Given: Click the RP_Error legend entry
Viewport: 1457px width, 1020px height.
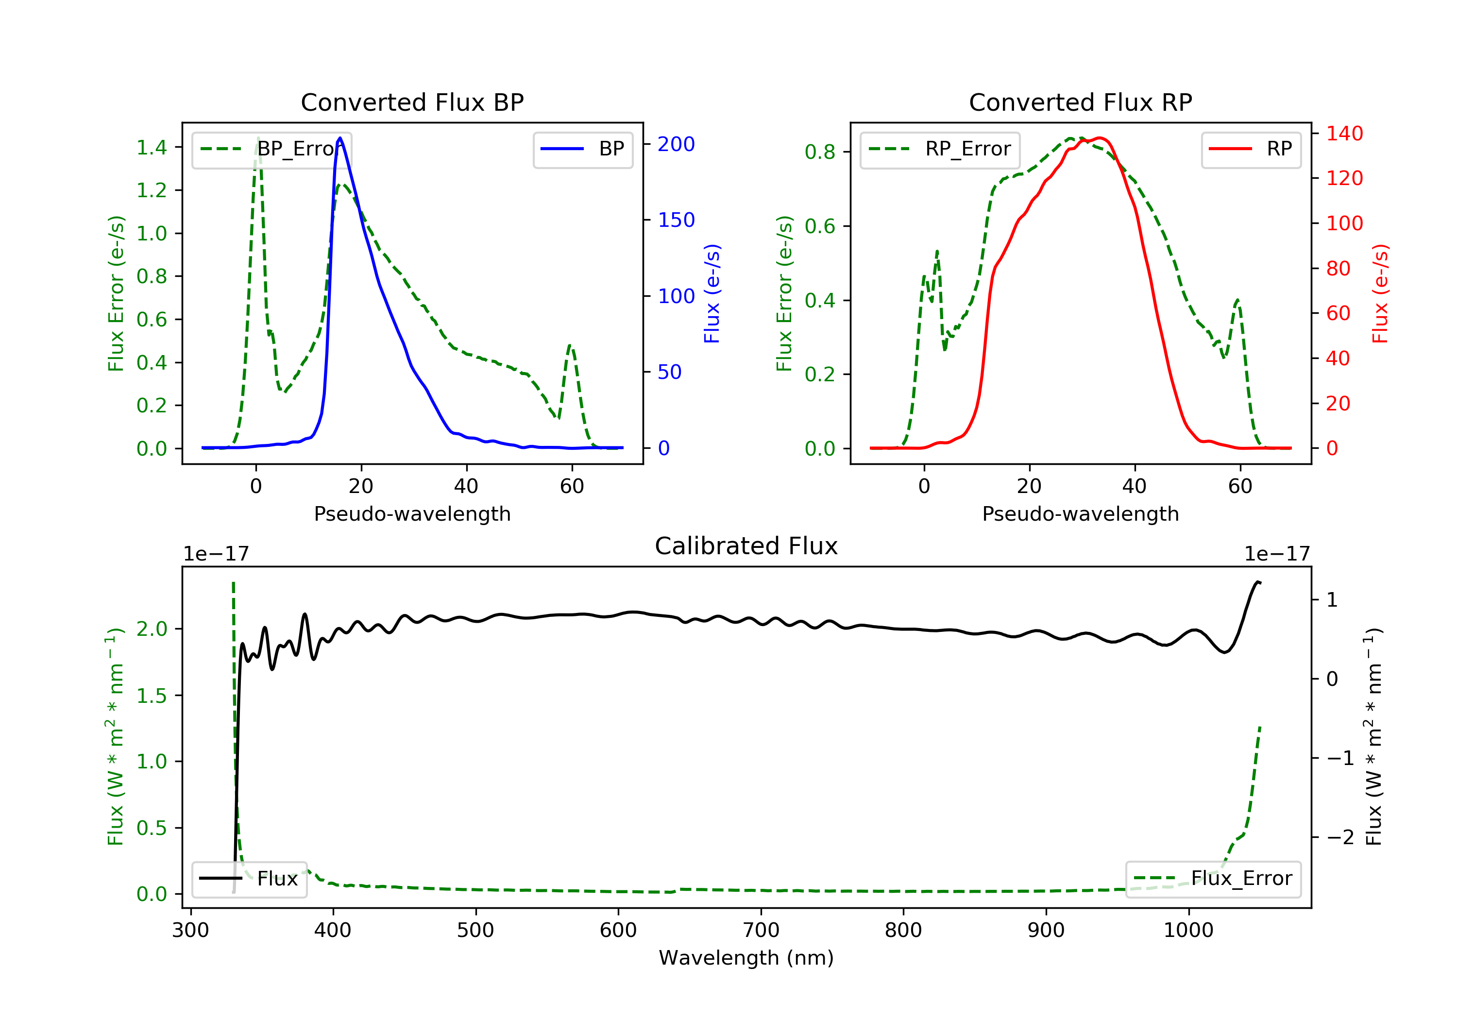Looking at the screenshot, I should pyautogui.click(x=940, y=149).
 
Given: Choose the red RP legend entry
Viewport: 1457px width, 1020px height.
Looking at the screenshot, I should pyautogui.click(x=1251, y=149).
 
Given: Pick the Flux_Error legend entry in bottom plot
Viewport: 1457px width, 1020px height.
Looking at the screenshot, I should pyautogui.click(x=1213, y=879).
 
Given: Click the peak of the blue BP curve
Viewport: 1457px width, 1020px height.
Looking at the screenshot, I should pyautogui.click(x=340, y=138).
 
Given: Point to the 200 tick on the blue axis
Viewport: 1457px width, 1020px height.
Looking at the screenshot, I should pyautogui.click(x=676, y=145).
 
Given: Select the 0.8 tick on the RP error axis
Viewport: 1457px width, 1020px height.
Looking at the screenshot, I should pyautogui.click(x=820, y=153).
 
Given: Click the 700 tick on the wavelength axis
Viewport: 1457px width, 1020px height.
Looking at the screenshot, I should pyautogui.click(x=761, y=931).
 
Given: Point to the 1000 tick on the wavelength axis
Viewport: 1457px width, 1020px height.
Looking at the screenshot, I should pyautogui.click(x=1188, y=931).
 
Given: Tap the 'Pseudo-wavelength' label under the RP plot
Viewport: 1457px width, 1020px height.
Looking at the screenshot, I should pyautogui.click(x=1080, y=514).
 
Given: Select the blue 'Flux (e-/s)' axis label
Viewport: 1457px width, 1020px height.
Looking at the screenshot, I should pyautogui.click(x=712, y=294).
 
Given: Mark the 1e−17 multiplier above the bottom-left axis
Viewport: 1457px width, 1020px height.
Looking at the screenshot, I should pyautogui.click(x=216, y=554).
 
